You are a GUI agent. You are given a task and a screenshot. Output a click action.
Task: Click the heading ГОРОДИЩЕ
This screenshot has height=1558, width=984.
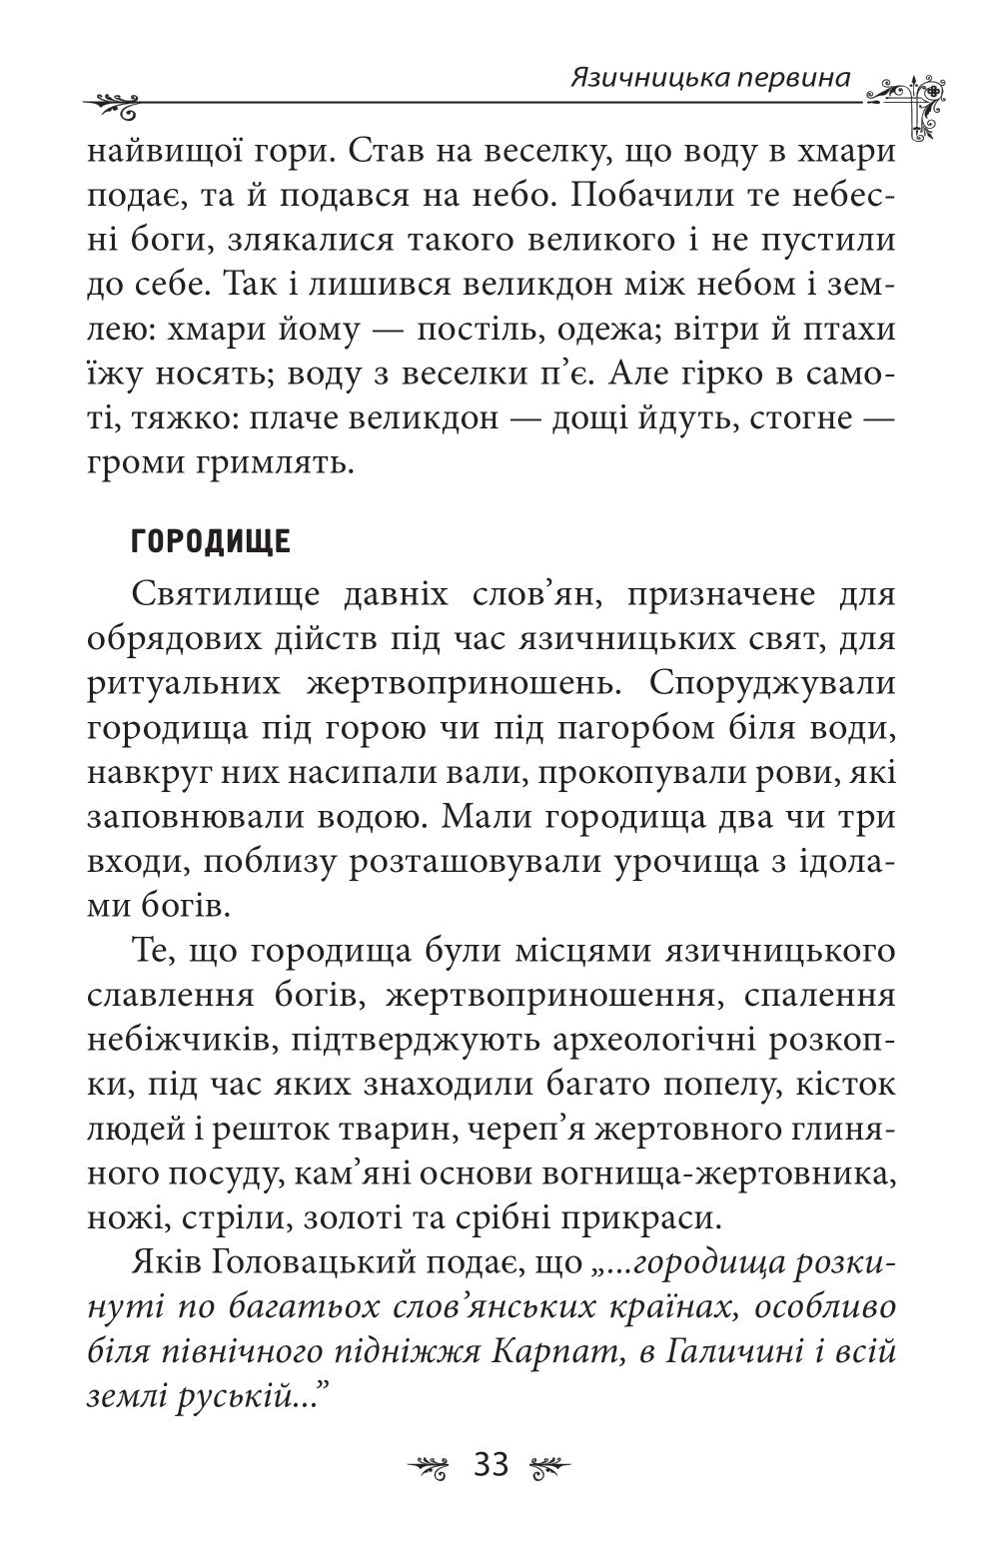coord(210,542)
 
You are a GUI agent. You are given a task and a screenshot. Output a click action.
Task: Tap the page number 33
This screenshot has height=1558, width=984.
coord(492,1465)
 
